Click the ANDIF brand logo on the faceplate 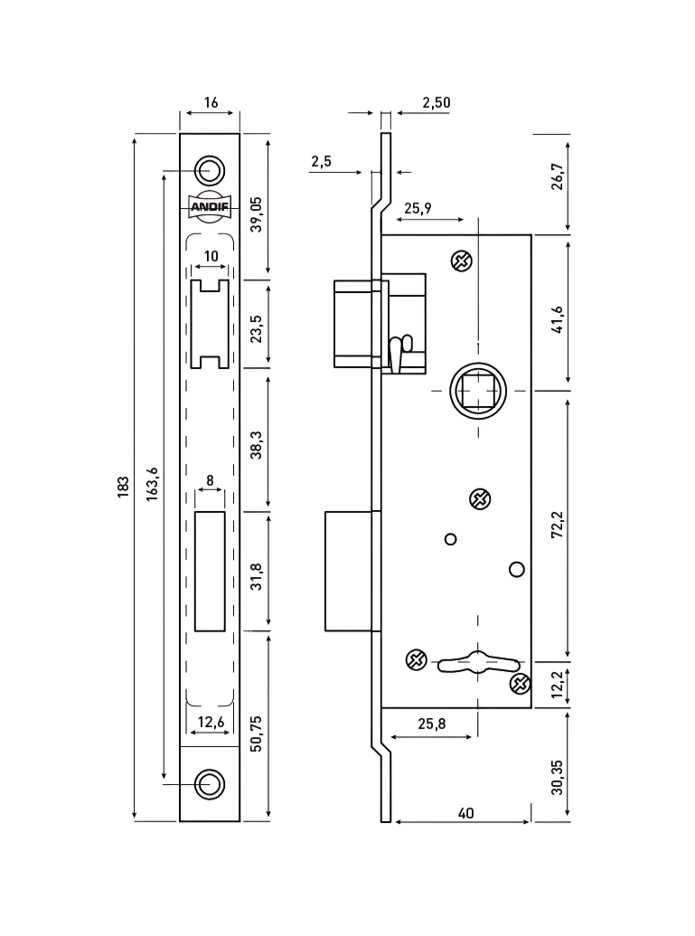209,206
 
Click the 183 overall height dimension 124,487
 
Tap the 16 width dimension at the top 211,102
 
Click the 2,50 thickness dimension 436,102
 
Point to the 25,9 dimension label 418,209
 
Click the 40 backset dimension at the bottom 466,813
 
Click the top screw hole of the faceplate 210,169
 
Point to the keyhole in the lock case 472,662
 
